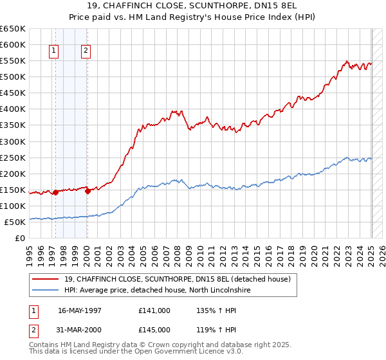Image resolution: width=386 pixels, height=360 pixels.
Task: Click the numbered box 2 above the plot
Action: (x=86, y=52)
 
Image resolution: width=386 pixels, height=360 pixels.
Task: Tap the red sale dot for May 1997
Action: (x=55, y=192)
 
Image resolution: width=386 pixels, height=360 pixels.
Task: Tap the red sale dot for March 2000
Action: (x=87, y=190)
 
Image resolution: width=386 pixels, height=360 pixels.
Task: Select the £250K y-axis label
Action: (x=13, y=157)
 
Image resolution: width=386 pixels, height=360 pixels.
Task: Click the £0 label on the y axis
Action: (x=19, y=238)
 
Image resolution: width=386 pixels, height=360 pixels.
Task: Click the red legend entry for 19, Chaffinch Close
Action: (x=178, y=279)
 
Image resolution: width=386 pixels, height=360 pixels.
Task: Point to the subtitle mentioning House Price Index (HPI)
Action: (x=193, y=18)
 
